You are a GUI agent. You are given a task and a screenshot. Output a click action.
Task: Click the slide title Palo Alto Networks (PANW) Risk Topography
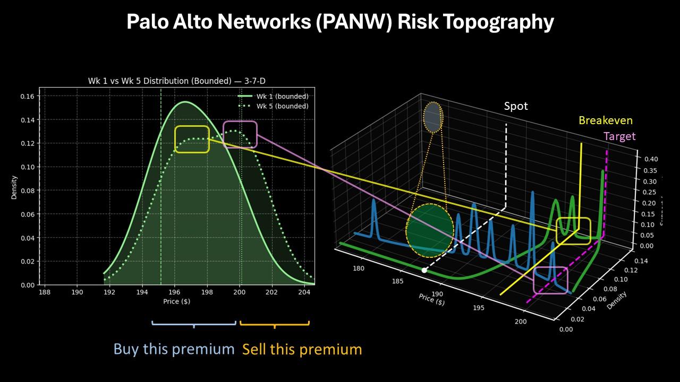point(340,22)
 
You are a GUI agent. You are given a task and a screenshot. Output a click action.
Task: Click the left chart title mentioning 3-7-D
point(176,81)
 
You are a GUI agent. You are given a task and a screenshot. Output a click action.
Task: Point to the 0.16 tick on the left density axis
point(27,97)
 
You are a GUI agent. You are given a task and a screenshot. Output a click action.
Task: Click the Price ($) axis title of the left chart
point(176,301)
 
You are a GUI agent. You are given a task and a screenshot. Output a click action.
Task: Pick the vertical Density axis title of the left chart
point(14,187)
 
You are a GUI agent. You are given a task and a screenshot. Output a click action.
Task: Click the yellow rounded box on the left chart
point(192,139)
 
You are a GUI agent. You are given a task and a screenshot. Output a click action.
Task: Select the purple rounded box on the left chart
point(240,134)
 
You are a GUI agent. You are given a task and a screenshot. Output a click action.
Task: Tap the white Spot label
point(516,106)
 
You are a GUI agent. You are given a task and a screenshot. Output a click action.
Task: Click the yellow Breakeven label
point(605,120)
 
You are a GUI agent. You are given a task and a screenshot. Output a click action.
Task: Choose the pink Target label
point(619,136)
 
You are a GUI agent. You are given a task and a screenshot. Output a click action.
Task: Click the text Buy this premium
point(174,349)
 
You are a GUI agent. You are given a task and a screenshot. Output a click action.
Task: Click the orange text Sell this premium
point(302,349)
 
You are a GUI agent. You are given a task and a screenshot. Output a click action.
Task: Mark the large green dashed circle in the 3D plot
point(430,231)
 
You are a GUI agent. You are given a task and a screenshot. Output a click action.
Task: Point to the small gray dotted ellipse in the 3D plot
point(433,117)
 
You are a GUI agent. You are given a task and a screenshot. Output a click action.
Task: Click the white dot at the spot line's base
point(424,271)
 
